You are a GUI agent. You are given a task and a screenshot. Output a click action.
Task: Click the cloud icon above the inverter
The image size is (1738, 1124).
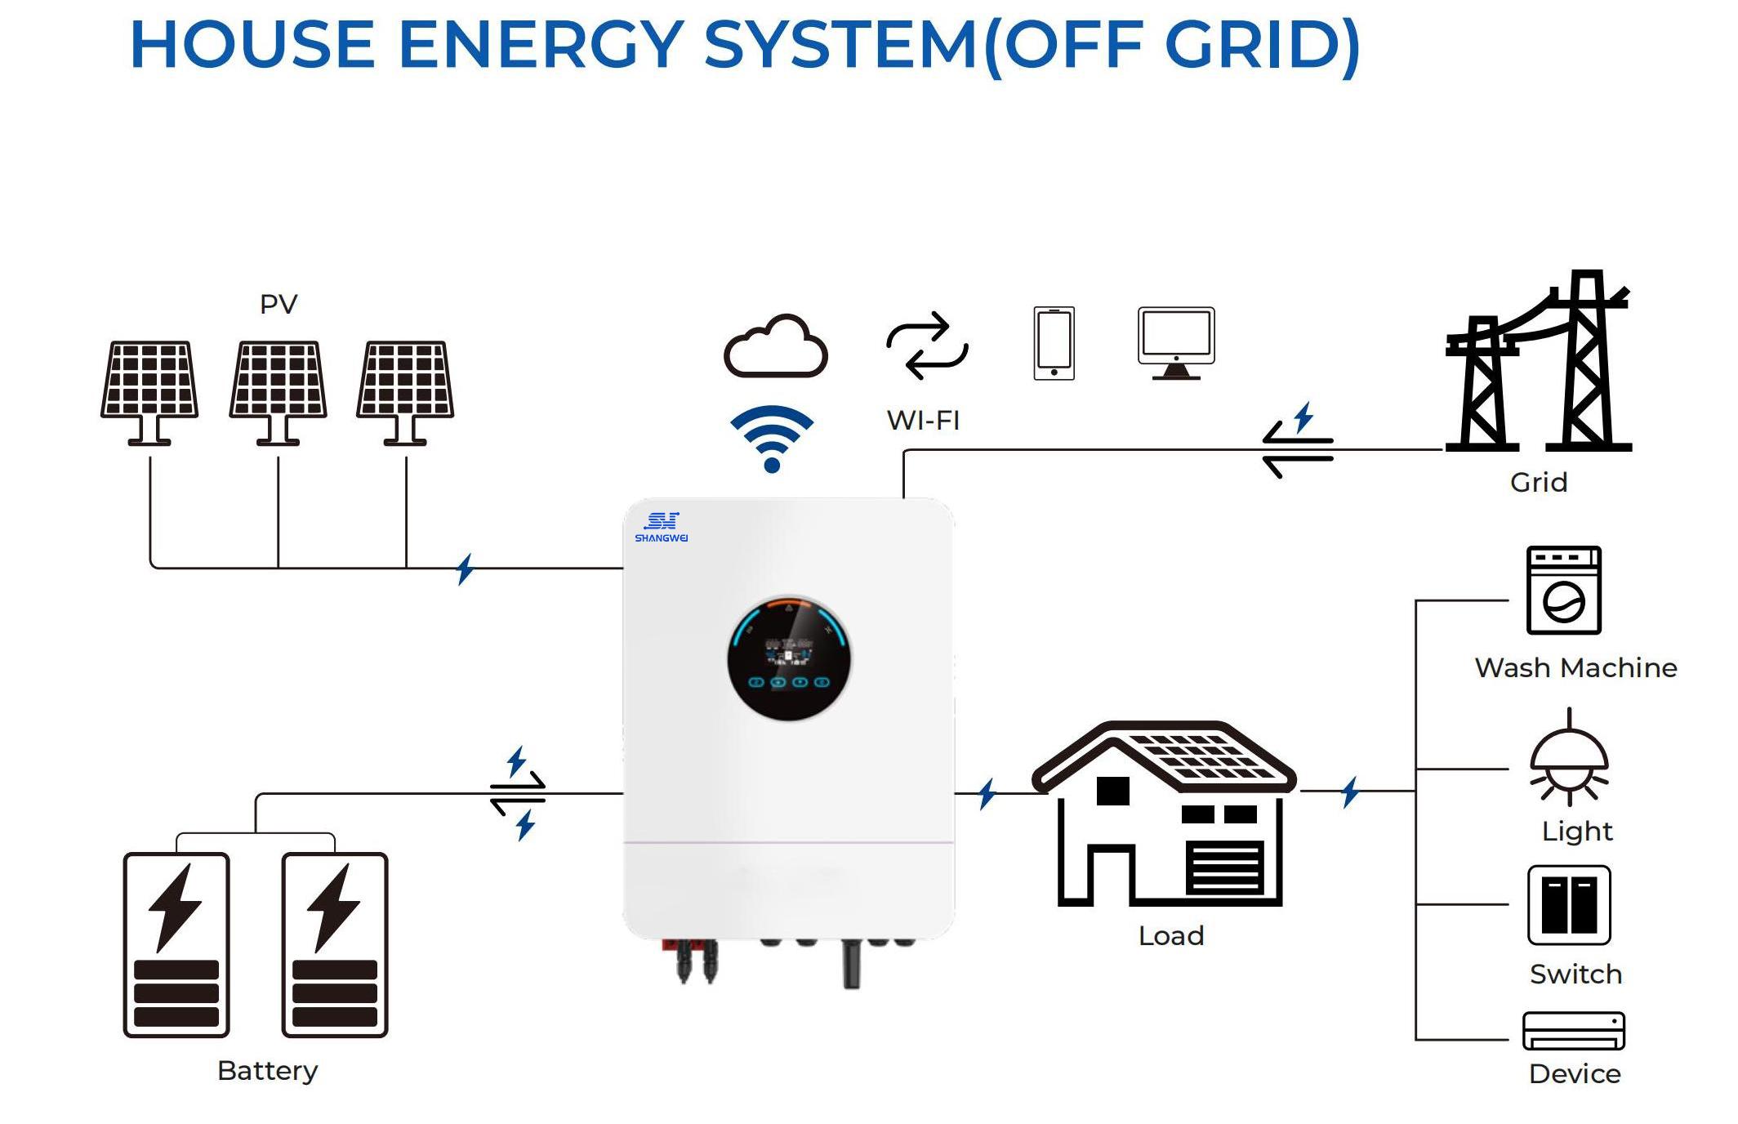775,347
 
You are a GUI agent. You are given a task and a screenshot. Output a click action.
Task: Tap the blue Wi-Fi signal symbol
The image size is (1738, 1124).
772,438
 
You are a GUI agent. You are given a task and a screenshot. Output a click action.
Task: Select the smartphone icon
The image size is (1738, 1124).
1054,343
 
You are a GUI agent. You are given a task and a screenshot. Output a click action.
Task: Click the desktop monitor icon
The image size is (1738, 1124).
1176,342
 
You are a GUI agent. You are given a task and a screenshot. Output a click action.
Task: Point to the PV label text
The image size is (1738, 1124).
279,305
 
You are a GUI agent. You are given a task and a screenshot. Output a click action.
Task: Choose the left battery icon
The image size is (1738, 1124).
176,945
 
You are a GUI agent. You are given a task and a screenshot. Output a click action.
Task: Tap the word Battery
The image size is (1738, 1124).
268,1070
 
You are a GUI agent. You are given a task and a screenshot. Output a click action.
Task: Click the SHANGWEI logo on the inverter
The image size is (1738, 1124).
661,527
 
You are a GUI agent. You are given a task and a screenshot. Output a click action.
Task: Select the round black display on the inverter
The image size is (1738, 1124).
789,658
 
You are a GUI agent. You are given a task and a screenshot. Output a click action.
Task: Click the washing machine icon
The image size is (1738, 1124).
1563,591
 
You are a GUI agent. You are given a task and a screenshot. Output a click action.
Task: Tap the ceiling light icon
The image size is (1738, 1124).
1568,760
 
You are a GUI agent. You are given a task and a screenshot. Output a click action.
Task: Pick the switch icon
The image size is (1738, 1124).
1568,905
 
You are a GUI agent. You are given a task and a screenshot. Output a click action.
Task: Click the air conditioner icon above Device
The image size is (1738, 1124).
1573,1032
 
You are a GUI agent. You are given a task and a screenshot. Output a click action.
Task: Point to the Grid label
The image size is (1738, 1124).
1539,483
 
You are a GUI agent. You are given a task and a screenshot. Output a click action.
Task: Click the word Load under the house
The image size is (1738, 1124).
1171,936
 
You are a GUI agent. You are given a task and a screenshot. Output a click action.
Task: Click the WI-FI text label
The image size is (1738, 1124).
923,421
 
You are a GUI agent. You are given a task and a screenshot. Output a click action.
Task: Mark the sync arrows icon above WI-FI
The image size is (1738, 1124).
927,346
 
